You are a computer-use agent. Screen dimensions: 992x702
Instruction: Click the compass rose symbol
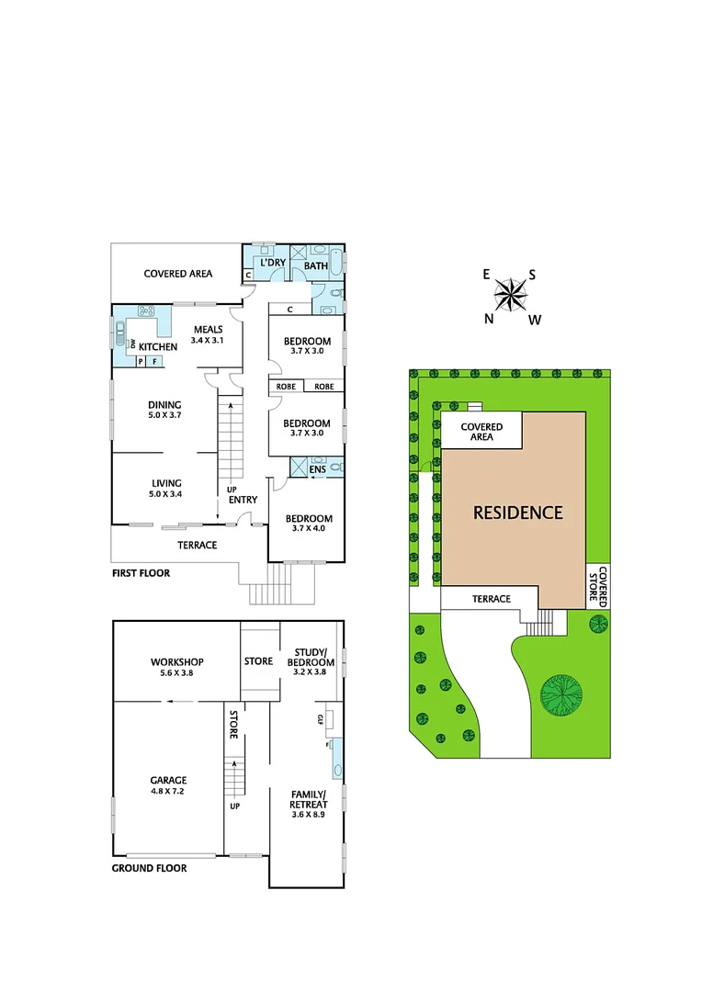pyautogui.click(x=511, y=294)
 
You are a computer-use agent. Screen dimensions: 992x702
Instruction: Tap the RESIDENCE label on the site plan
pyautogui.click(x=517, y=513)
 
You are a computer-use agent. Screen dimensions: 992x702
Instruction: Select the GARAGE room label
pyautogui.click(x=168, y=780)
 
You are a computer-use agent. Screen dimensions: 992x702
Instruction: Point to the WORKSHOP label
pyautogui.click(x=176, y=661)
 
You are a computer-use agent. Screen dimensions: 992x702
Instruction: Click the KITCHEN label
pyautogui.click(x=158, y=347)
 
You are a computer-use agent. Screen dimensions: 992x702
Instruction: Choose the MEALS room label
pyautogui.click(x=208, y=330)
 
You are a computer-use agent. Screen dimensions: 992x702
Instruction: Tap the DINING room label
pyautogui.click(x=164, y=405)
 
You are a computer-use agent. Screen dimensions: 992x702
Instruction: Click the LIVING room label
pyautogui.click(x=166, y=483)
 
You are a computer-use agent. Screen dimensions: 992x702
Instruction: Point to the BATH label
pyautogui.click(x=315, y=266)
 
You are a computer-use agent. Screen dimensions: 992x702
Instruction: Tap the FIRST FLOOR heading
pyautogui.click(x=141, y=572)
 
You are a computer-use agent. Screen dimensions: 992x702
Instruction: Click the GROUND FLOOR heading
pyautogui.click(x=149, y=868)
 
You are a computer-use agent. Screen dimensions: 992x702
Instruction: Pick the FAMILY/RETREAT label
pyautogui.click(x=309, y=799)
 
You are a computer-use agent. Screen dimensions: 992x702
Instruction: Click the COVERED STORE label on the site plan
pyautogui.click(x=598, y=585)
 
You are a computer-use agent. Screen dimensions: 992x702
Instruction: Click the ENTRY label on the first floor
pyautogui.click(x=243, y=500)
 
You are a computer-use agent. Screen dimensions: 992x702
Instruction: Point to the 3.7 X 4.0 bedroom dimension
pyautogui.click(x=308, y=529)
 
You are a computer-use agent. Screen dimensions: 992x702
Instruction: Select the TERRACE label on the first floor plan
pyautogui.click(x=197, y=545)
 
